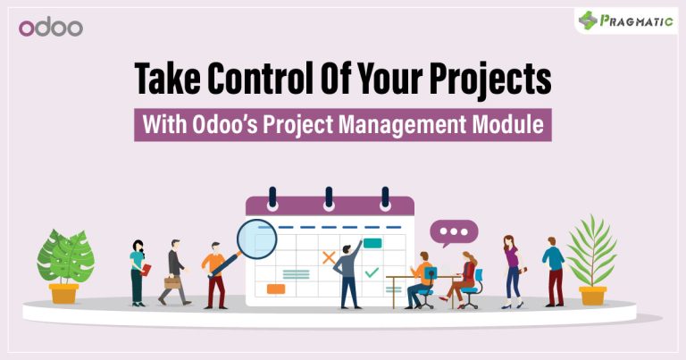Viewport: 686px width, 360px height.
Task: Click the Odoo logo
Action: pos(51,28)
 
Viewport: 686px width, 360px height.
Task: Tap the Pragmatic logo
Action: pos(625,21)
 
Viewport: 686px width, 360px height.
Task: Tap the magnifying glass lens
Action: pos(257,239)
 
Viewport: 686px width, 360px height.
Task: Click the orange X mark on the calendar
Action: pos(329,257)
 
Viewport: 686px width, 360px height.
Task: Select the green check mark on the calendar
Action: pos(372,272)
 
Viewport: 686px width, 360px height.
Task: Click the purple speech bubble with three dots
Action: pos(454,232)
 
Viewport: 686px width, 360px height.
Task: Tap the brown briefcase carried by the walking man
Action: pos(172,282)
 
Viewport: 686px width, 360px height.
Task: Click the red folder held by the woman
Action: pos(146,270)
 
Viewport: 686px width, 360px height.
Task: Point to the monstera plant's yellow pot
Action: pos(64,293)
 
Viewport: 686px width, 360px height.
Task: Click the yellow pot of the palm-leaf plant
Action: pos(593,296)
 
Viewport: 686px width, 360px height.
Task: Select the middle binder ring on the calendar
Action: pos(329,198)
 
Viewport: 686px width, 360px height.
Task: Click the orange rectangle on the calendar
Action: pos(276,289)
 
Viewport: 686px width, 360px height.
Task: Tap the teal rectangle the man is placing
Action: pos(372,243)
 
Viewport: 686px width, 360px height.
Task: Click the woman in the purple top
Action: pos(513,272)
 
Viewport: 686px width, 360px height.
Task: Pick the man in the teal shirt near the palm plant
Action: pos(554,272)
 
